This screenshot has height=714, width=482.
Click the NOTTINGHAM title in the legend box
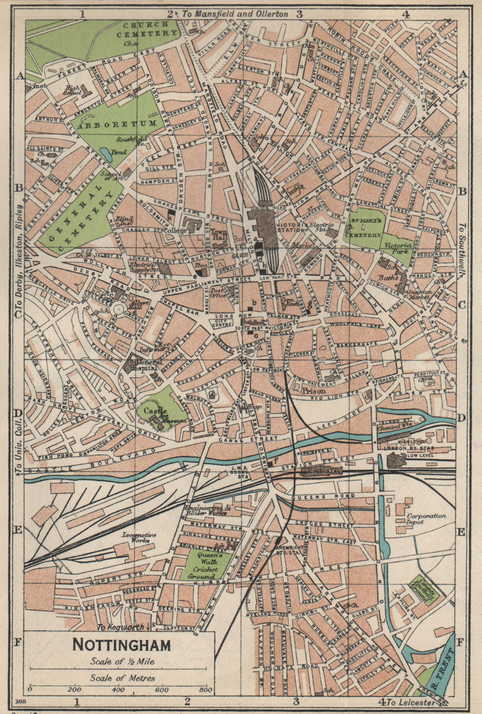coord(121,645)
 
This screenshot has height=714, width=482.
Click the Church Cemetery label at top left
coord(145,29)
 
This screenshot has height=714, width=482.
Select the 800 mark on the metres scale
coord(206,690)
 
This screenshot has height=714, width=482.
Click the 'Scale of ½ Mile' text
coord(122,661)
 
